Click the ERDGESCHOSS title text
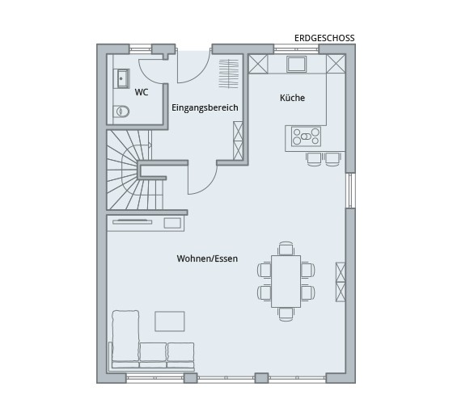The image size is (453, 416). [324, 38]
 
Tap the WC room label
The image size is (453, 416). [142, 92]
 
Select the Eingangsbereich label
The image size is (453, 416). [205, 107]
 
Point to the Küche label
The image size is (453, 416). [292, 98]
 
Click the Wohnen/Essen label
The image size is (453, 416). [207, 258]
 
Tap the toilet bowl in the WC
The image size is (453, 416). [121, 111]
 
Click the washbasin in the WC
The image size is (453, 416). [123, 78]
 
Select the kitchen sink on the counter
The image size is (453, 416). [296, 65]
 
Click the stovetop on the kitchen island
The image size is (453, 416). [306, 137]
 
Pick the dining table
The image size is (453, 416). [286, 281]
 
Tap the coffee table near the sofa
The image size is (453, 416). [170, 321]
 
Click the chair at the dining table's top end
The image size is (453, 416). [286, 249]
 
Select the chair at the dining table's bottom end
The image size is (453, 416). [286, 314]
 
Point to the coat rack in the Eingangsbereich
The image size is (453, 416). [228, 74]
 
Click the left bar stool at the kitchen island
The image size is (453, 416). [314, 159]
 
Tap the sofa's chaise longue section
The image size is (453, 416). [125, 336]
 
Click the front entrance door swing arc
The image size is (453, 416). [197, 76]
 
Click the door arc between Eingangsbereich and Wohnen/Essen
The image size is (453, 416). [206, 185]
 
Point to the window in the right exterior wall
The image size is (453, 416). [350, 191]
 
